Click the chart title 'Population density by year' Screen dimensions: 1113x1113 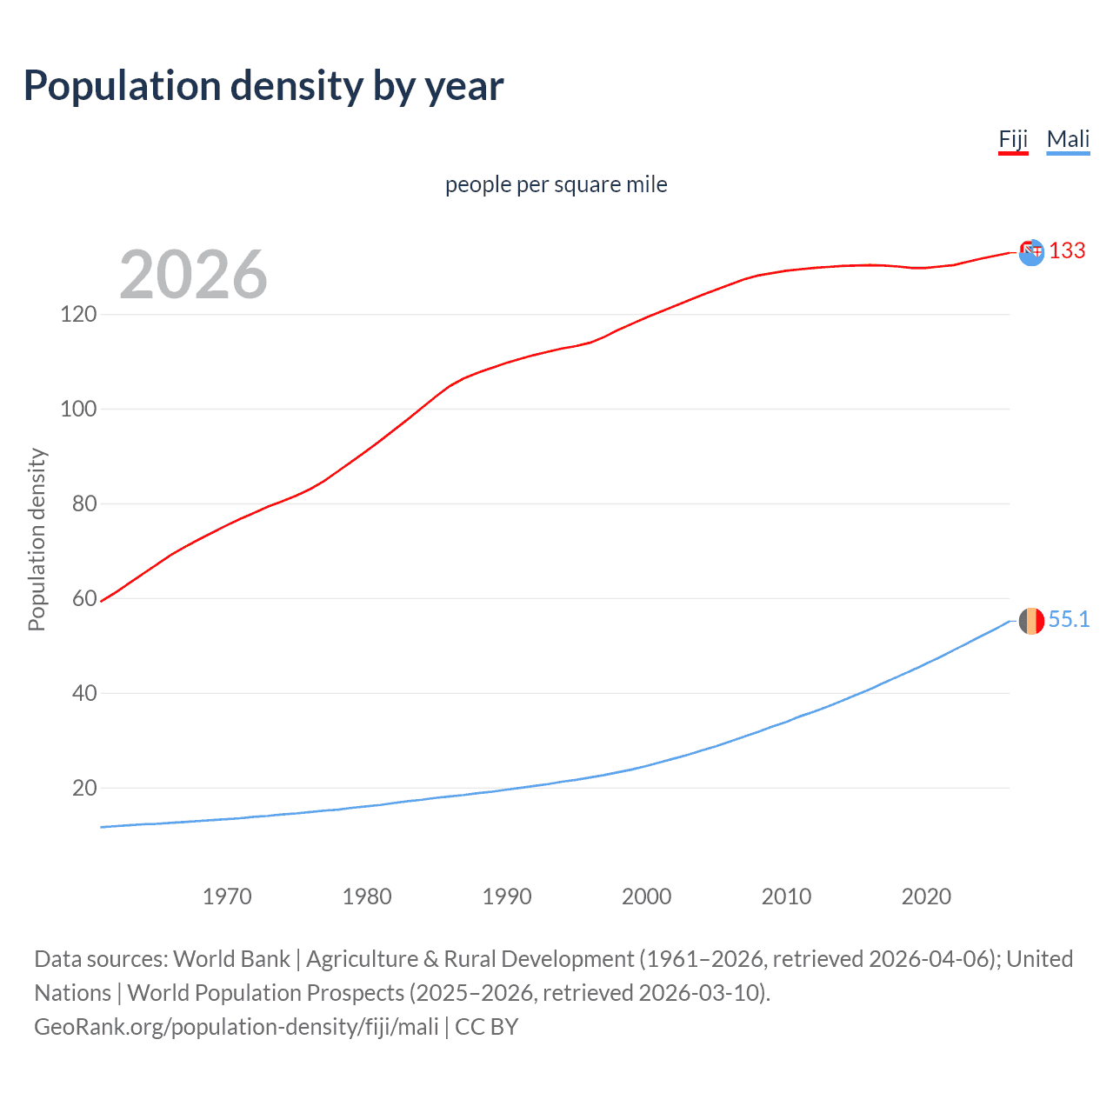coord(263,86)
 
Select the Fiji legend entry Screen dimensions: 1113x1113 coord(1013,139)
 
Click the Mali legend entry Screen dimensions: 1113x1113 coord(1068,139)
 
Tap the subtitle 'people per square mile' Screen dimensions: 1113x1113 coord(556,184)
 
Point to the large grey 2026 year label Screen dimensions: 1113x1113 coord(193,275)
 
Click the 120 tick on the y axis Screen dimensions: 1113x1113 coord(78,314)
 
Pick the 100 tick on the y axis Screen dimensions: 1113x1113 coord(78,409)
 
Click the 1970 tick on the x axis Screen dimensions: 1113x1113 coord(227,896)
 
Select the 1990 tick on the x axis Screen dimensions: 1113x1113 coord(507,896)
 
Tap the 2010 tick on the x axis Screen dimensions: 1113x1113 coord(786,896)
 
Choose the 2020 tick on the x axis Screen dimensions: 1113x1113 coord(926,896)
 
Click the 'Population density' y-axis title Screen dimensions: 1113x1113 coord(37,539)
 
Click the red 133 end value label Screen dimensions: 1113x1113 coord(1067,250)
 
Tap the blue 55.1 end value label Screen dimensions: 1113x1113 coord(1069,619)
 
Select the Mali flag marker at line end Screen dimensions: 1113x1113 coord(1031,621)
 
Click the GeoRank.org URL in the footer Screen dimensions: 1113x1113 coord(237,1027)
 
